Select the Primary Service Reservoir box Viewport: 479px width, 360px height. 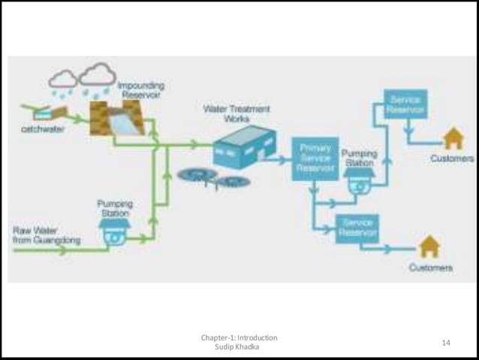[315, 159]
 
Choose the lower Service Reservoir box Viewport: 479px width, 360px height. [357, 228]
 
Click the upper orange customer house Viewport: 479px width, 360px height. [453, 138]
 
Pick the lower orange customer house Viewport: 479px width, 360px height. [429, 247]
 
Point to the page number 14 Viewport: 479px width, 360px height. [446, 343]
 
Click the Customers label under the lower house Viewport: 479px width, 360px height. [430, 268]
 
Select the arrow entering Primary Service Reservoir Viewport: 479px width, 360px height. [282, 159]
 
